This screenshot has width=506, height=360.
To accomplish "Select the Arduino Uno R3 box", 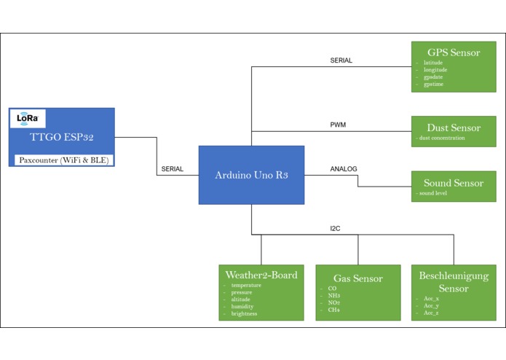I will click(251, 175).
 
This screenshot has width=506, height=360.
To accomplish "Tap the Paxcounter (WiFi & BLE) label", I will click(62, 160).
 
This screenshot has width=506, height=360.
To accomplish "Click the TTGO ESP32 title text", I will click(62, 137).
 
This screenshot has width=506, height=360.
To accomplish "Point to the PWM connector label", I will click(338, 125).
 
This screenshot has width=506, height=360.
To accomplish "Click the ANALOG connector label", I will click(344, 169).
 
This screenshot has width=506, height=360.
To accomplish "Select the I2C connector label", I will click(335, 228).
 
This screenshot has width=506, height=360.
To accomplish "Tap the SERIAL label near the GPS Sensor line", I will click(341, 60).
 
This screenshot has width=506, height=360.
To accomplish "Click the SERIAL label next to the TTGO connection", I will click(172, 169).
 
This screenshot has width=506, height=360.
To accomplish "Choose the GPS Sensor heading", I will click(454, 52).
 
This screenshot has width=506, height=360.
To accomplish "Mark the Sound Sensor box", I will click(454, 187).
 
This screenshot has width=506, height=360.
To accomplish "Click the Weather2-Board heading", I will click(261, 275).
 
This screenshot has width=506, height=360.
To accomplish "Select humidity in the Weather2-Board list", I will click(242, 307).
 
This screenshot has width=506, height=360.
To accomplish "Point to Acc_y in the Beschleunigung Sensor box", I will click(431, 305).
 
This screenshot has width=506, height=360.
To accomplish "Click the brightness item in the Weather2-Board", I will click(244, 314).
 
